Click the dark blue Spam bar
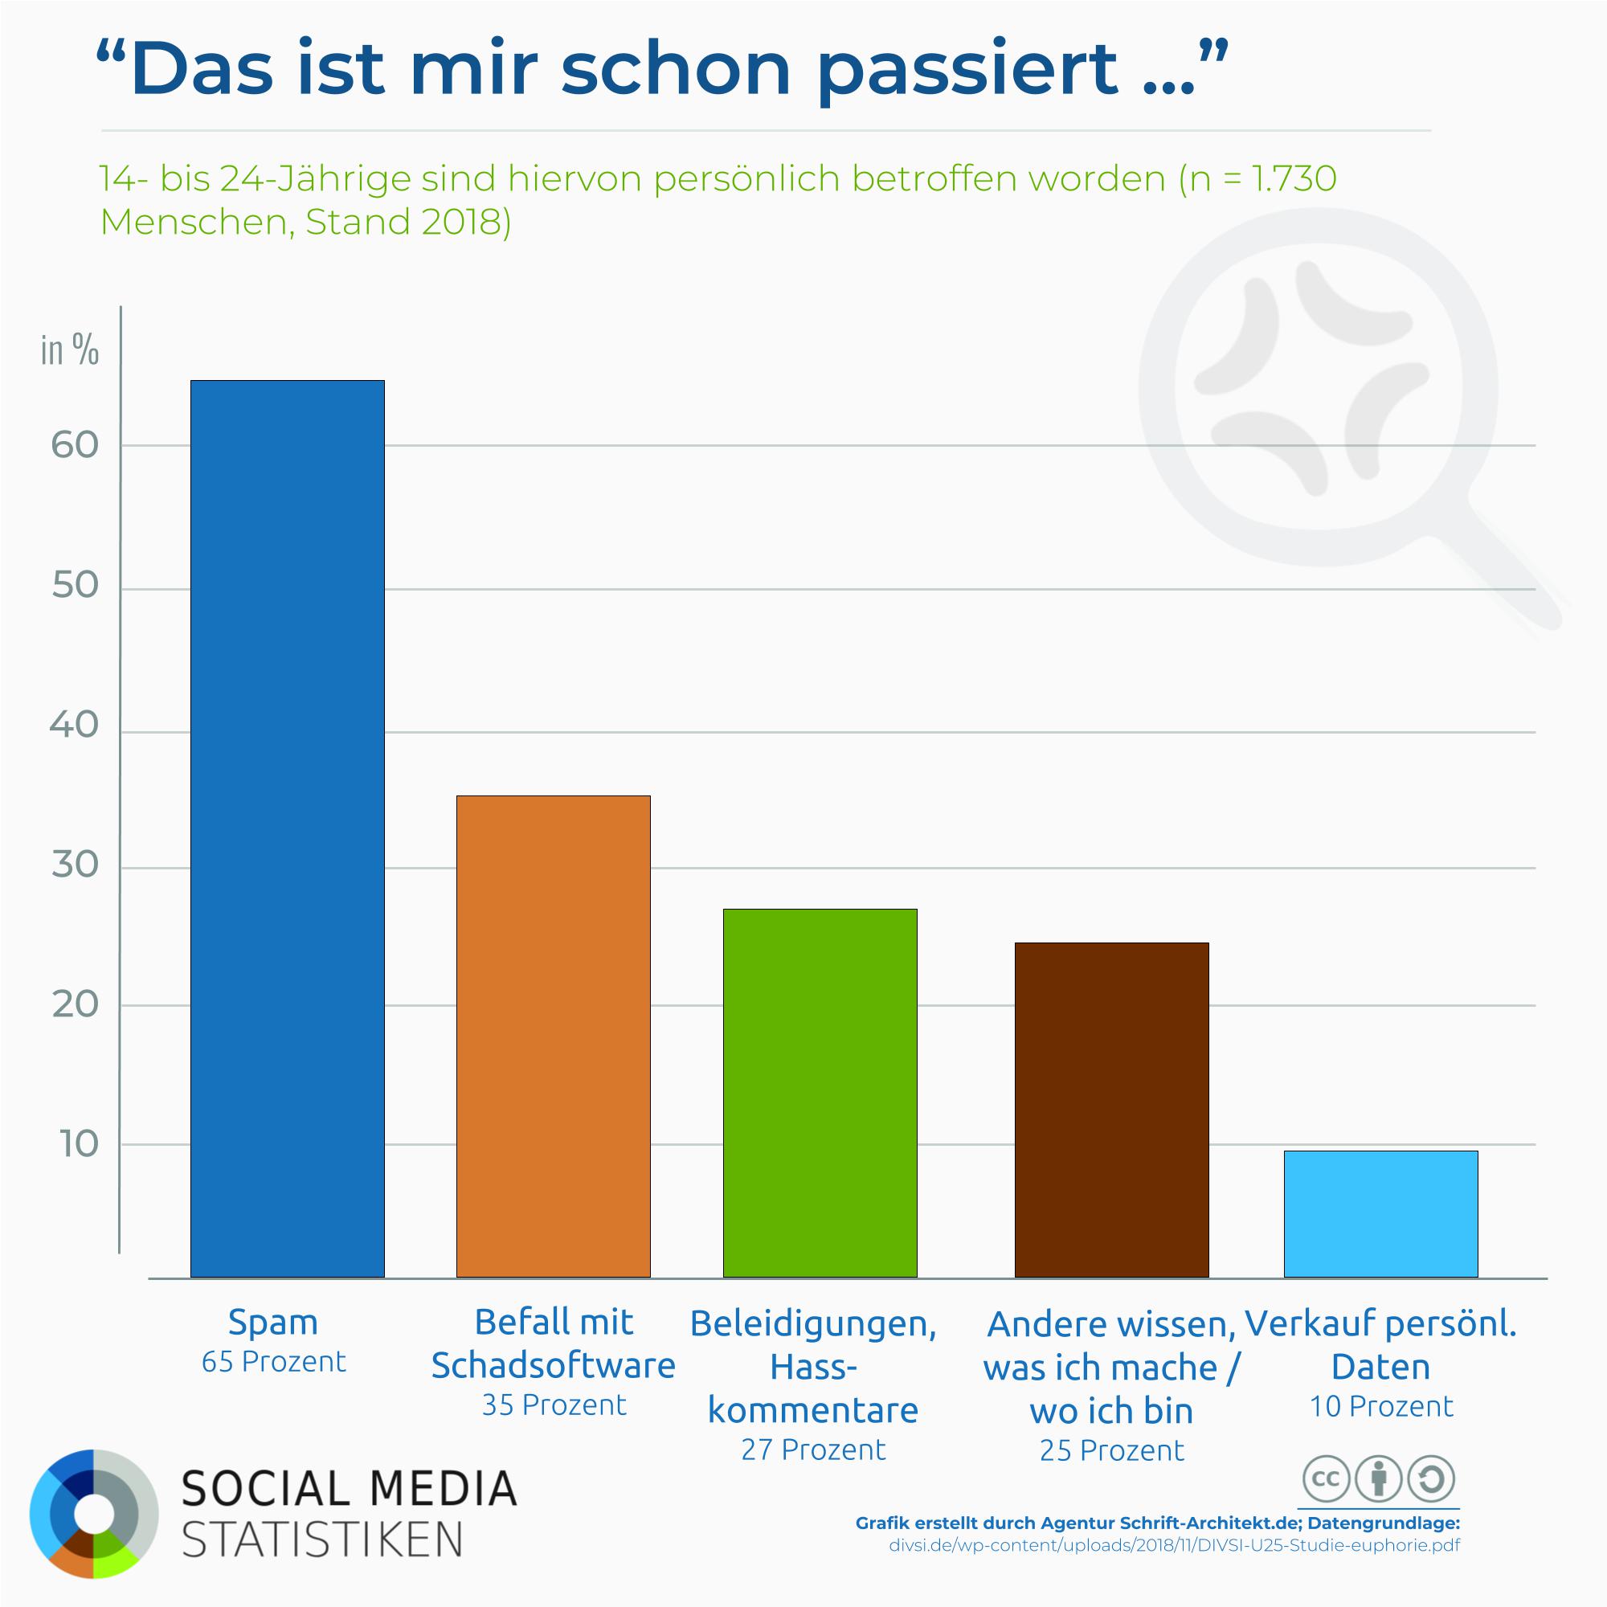tap(287, 828)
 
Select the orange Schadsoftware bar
tap(553, 1036)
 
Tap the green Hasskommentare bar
tap(820, 1092)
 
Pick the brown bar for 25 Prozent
tap(1111, 1109)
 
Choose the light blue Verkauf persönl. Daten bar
tap(1380, 1213)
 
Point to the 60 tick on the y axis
tap(75, 446)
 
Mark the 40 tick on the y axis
tap(75, 726)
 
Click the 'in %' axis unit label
tap(70, 350)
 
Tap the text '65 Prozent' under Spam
tap(274, 1362)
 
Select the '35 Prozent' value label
tap(554, 1405)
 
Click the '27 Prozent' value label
tap(813, 1449)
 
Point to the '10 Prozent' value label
tap(1380, 1405)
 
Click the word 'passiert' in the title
tap(967, 70)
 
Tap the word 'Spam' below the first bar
tap(273, 1322)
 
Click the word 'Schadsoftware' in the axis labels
tap(553, 1365)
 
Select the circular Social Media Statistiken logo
tap(94, 1513)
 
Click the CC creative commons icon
tap(1324, 1479)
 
